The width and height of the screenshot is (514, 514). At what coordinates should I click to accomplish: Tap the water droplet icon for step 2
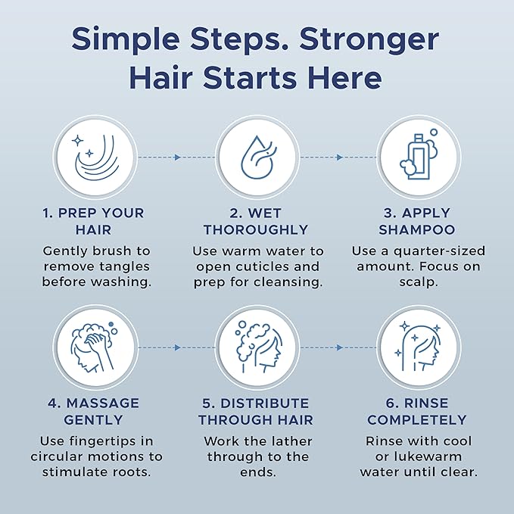[257, 157]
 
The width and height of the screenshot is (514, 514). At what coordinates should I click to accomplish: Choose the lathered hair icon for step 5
[257, 347]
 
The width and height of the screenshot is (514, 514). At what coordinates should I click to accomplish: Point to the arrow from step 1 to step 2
[177, 157]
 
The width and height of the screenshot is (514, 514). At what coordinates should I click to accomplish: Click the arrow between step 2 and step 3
[339, 157]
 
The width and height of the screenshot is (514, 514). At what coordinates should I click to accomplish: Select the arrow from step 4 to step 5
[177, 347]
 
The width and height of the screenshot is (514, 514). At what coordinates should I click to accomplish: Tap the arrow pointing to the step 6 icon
[339, 347]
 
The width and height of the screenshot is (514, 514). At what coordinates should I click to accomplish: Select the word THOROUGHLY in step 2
[256, 229]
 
